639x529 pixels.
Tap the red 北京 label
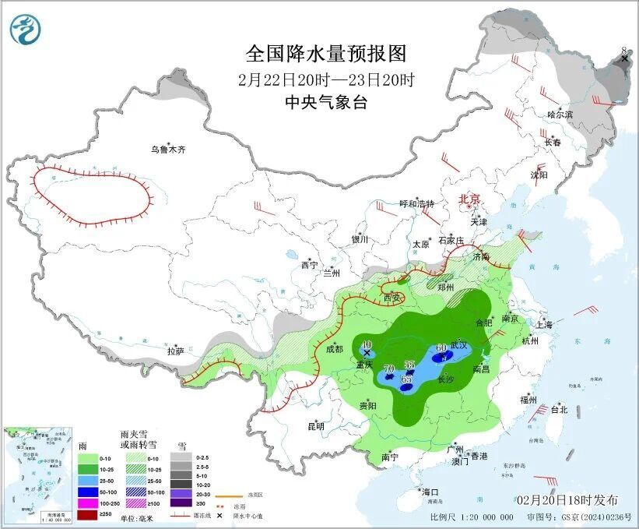(471, 199)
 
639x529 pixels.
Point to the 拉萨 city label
(176, 351)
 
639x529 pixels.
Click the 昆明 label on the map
(315, 425)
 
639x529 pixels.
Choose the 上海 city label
(544, 325)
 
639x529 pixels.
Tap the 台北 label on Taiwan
(559, 409)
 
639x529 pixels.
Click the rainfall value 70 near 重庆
(389, 368)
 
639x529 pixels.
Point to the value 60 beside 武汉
(441, 347)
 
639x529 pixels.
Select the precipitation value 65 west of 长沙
(406, 379)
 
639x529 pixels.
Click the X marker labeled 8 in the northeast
(623, 58)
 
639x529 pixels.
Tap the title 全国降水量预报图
(326, 54)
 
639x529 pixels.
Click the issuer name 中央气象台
(326, 102)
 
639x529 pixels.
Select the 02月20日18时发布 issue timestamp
(567, 499)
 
